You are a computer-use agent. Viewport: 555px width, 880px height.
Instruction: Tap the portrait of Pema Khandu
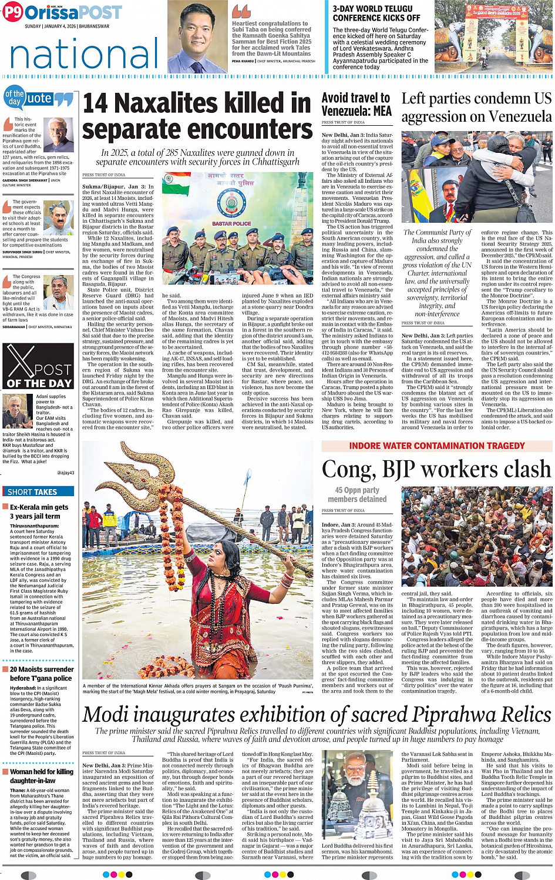[x=197, y=38]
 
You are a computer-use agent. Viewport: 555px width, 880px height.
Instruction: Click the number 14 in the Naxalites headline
[x=95, y=104]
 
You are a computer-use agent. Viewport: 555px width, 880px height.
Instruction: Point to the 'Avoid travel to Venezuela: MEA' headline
[x=356, y=105]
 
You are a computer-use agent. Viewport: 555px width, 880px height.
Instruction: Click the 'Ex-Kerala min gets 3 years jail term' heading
[x=39, y=511]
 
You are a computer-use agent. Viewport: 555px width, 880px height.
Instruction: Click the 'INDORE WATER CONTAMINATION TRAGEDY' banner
[x=437, y=446]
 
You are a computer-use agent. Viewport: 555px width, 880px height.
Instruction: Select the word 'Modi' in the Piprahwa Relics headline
[x=107, y=714]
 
